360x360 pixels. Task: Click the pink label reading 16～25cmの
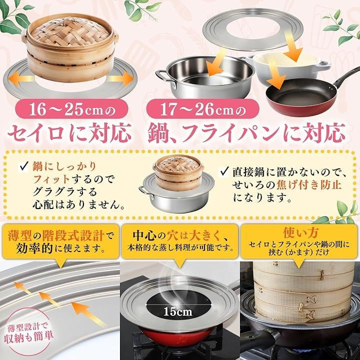71,109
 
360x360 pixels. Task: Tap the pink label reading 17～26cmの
203,109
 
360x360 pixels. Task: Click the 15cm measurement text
178,311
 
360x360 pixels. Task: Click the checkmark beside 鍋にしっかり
24,166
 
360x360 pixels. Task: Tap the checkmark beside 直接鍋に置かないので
224,171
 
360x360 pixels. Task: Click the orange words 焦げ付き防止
309,185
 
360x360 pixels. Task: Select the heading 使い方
300,233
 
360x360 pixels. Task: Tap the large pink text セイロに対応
69,132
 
